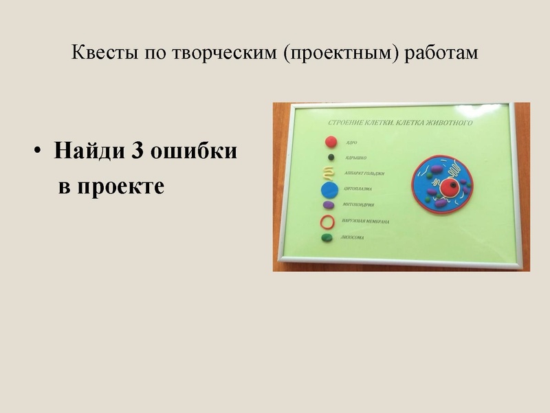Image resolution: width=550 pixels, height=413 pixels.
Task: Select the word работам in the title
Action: pyautogui.click(x=443, y=53)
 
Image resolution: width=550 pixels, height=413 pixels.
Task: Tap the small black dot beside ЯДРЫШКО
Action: pyautogui.click(x=331, y=159)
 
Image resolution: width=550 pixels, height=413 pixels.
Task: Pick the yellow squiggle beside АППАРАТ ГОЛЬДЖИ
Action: pyautogui.click(x=330, y=173)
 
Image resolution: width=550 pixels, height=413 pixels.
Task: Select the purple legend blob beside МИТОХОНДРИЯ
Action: pyautogui.click(x=329, y=205)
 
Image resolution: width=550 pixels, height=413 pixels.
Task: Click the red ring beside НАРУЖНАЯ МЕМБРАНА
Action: pyautogui.click(x=328, y=222)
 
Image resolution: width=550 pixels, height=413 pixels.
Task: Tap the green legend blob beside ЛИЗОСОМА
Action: pyautogui.click(x=327, y=238)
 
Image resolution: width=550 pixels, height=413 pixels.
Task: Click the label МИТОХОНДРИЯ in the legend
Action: pyautogui.click(x=358, y=204)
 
